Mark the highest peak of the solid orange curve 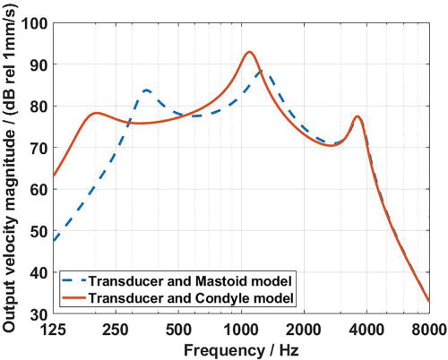[x=249, y=52]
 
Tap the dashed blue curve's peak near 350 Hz [x=146, y=90]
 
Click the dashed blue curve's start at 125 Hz [x=55, y=241]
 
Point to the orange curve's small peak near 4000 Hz [x=358, y=116]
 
